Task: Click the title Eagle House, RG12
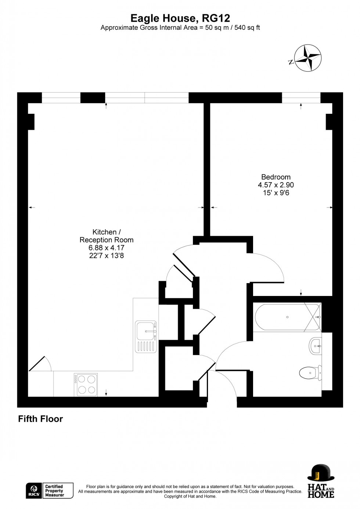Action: pos(180,18)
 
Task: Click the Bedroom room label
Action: pos(276,177)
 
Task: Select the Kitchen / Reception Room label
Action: pos(107,236)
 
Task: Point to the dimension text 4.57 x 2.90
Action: pos(276,185)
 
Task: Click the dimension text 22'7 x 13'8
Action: pos(107,256)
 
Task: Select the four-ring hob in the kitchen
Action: pos(86,385)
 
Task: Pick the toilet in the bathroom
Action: pos(310,373)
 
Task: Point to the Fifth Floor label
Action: pos(40,419)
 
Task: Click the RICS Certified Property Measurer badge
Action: pos(50,491)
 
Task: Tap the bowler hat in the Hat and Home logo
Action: pos(320,473)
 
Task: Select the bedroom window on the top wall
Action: pos(301,98)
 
